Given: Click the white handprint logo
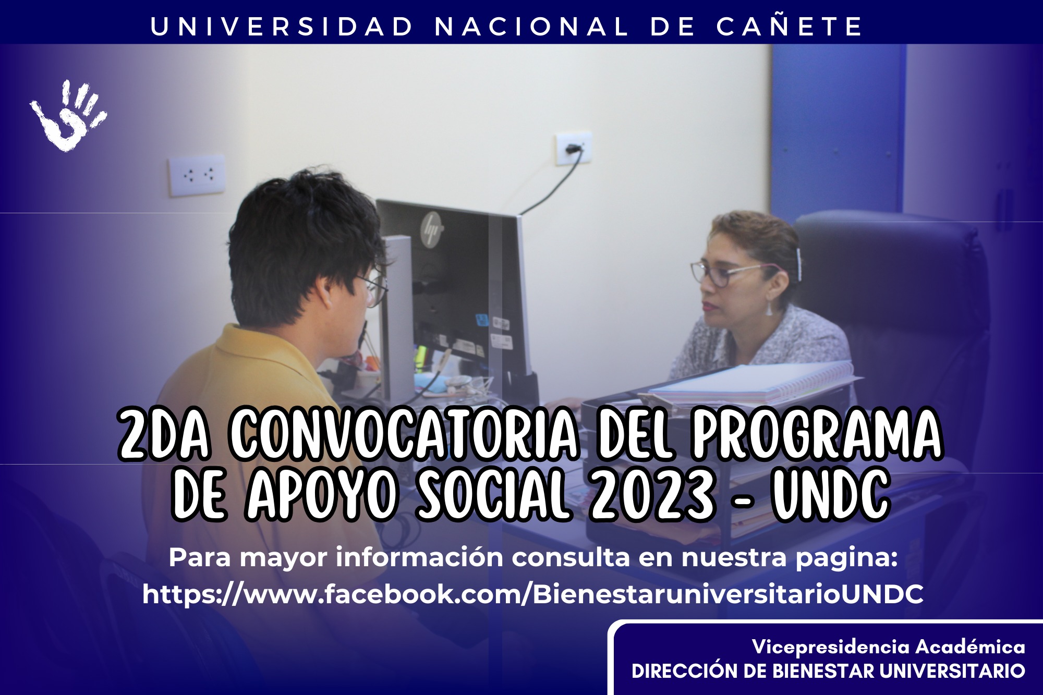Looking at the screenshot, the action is pyautogui.click(x=68, y=116).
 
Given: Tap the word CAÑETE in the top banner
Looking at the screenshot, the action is pyautogui.click(x=790, y=26).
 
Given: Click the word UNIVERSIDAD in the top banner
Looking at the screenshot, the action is pyautogui.click(x=282, y=27).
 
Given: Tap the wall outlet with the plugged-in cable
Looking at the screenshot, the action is pyautogui.click(x=573, y=148).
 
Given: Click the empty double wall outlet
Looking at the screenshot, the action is pyautogui.click(x=197, y=175).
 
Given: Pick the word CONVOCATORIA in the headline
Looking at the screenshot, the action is pyautogui.click(x=404, y=435).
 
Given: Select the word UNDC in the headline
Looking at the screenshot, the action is pyautogui.click(x=831, y=494).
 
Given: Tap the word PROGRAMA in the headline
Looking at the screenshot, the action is pyautogui.click(x=817, y=434).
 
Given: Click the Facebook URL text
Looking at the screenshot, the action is pyautogui.click(x=533, y=594).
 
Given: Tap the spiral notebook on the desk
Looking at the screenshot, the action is pyautogui.click(x=751, y=383).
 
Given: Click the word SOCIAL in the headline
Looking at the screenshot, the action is pyautogui.click(x=492, y=494).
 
